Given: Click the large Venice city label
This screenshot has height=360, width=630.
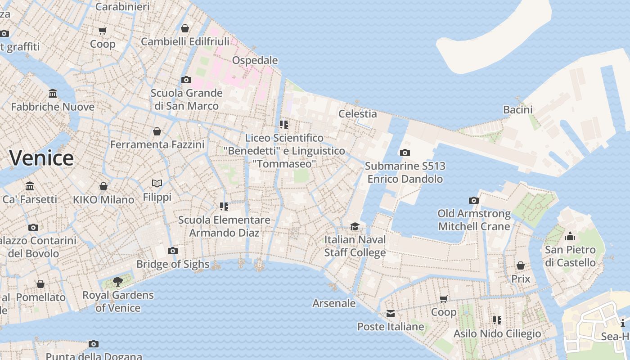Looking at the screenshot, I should (x=41, y=158).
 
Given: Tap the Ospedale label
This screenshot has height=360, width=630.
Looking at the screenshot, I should (x=255, y=60).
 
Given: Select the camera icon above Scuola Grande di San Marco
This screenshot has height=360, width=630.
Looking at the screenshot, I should (x=186, y=80).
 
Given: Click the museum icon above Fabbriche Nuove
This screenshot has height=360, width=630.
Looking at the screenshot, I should (x=53, y=94).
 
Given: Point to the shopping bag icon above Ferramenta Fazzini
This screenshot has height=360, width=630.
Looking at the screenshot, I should (x=157, y=131).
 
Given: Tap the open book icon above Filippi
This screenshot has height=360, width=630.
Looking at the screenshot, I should (x=157, y=184).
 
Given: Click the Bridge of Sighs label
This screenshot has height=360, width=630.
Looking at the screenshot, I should (x=173, y=264).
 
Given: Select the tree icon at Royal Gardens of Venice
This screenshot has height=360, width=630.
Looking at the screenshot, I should (x=118, y=282).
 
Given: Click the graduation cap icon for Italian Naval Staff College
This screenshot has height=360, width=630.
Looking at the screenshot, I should (x=355, y=226).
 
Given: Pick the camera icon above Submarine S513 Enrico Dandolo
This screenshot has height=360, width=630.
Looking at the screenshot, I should (x=405, y=153).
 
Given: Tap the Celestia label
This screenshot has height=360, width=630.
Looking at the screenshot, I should (x=357, y=114).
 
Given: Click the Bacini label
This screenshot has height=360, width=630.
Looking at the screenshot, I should (x=517, y=110).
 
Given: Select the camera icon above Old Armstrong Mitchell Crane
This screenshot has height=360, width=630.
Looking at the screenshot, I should (x=474, y=201).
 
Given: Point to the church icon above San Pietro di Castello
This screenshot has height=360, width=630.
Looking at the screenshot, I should (x=570, y=236).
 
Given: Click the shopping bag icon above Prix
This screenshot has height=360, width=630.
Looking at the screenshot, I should (x=521, y=266).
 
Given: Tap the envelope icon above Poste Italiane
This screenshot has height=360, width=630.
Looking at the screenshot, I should (x=390, y=314).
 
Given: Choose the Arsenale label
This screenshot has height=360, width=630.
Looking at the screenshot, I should (x=334, y=303).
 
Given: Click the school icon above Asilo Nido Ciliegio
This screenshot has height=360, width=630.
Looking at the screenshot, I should (x=497, y=320).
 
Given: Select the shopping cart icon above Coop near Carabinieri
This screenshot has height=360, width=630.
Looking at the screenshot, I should (x=103, y=31).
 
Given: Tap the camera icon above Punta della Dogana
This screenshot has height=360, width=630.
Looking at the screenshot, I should (x=94, y=344).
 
